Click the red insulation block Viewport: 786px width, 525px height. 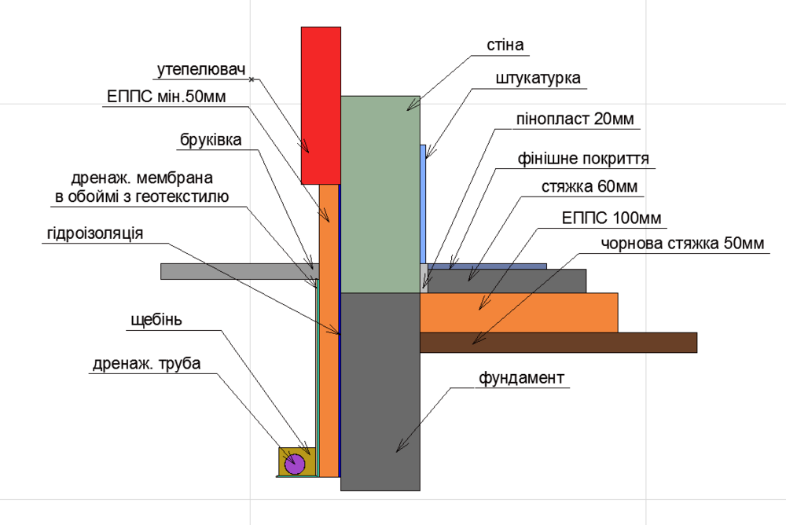tap(321, 102)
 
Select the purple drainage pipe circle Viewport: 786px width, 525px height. tap(295, 464)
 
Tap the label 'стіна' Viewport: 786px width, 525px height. tap(505, 44)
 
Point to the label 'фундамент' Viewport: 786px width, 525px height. tap(522, 378)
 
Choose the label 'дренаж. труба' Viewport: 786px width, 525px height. tap(147, 364)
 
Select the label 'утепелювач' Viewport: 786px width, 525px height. tap(196, 69)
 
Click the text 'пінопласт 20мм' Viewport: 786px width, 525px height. tap(574, 119)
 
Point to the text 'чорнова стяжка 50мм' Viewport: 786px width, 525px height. tap(682, 244)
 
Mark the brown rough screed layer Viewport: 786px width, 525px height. tap(558, 342)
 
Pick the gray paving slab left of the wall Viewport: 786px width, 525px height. tap(236, 271)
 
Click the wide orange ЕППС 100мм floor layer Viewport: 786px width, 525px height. tap(519, 311)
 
